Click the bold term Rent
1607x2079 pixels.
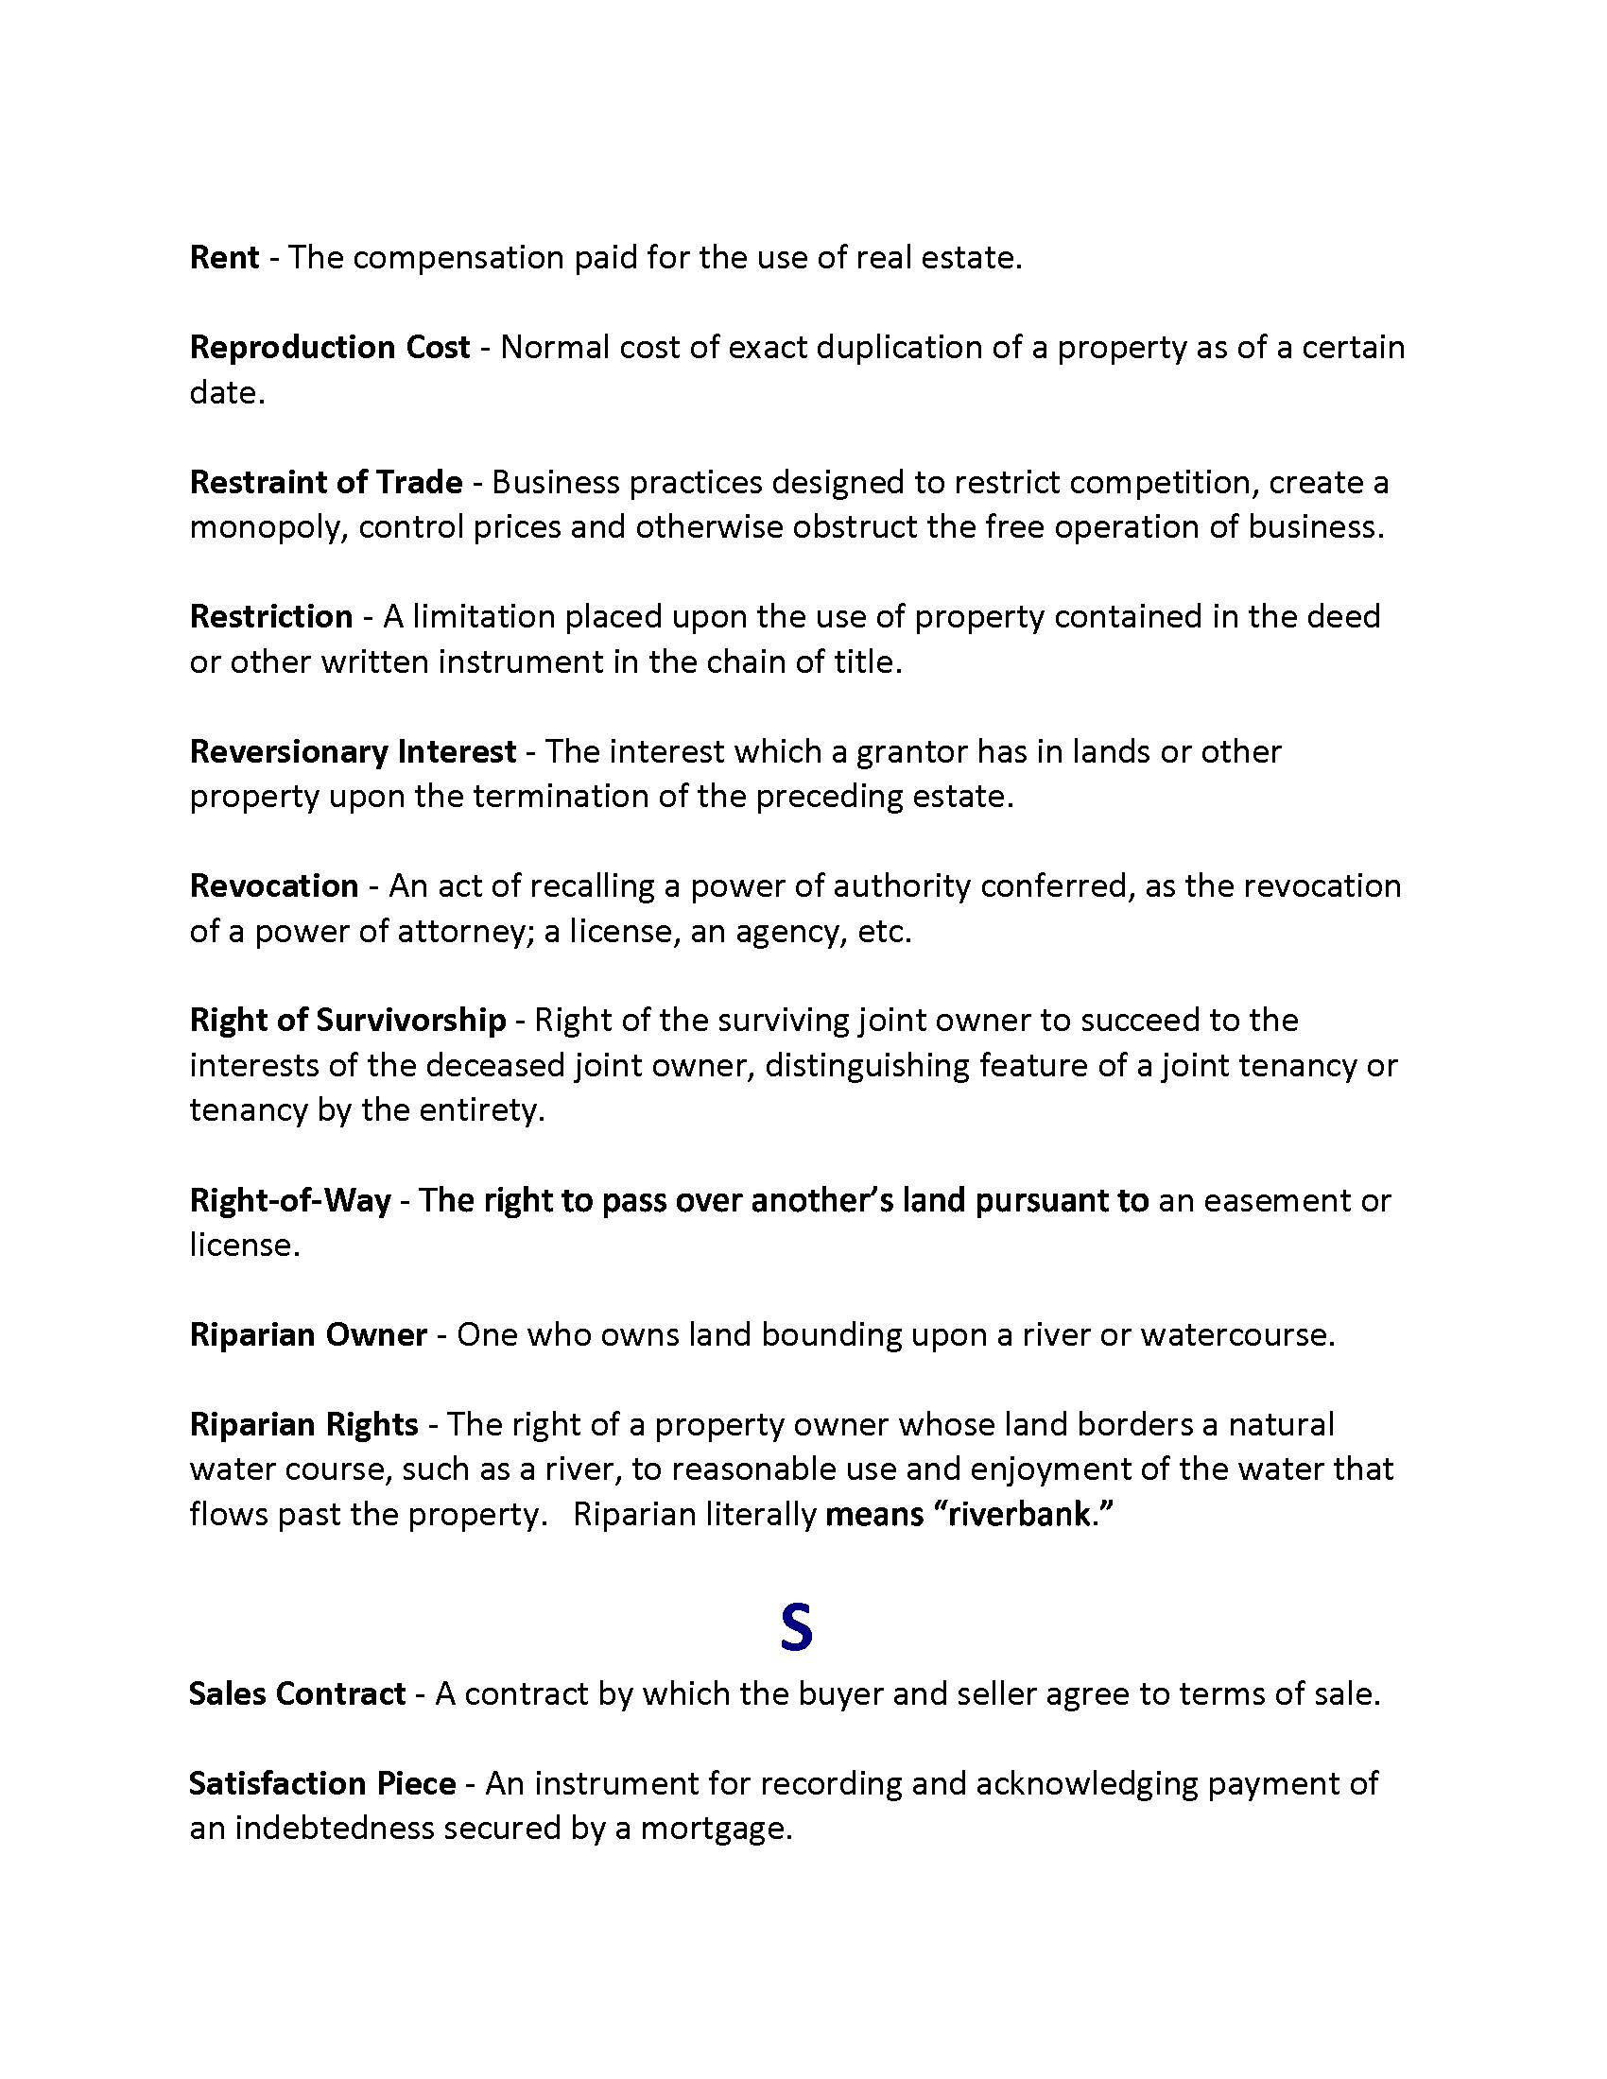224,258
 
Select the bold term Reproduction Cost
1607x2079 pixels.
329,348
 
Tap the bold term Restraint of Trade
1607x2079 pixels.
325,483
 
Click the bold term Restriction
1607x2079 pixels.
271,617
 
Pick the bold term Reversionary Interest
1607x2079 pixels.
353,752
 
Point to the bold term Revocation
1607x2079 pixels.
274,886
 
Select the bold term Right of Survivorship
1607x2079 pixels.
348,1021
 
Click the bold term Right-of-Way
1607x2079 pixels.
290,1200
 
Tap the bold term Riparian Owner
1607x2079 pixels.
308,1335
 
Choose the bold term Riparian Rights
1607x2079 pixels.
303,1425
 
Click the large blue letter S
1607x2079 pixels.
796,1630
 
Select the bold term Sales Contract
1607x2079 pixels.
297,1694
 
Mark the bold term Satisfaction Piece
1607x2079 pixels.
321,1784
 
